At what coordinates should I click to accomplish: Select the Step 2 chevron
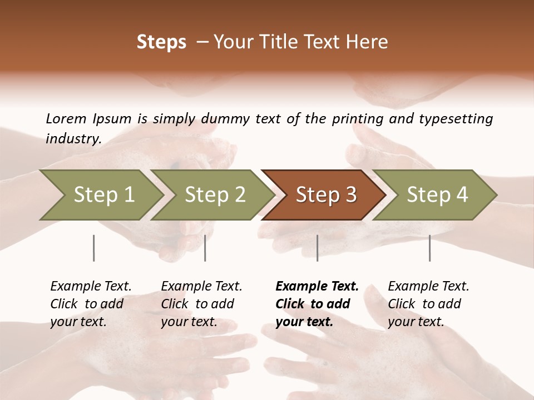215,195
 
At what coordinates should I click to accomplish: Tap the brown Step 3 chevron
325,195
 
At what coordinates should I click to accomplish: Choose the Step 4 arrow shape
437,195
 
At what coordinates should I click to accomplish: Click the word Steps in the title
161,42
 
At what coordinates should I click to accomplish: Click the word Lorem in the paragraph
66,118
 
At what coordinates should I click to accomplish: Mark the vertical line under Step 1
93,248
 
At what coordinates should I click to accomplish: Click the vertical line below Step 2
205,248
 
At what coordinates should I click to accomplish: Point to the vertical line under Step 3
317,248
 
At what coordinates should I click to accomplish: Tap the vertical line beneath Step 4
429,248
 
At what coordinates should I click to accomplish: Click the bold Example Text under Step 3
317,287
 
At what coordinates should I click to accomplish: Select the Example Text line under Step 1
91,287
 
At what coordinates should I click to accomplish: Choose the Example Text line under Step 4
428,287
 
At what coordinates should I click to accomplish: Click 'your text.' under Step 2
189,322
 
